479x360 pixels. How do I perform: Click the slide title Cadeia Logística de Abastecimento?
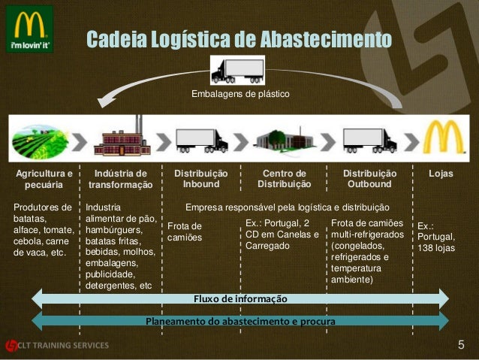[x=239, y=39]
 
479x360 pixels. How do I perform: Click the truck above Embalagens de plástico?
[x=237, y=70]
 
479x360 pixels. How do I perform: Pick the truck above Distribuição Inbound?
[x=200, y=140]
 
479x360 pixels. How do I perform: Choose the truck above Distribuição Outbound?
[x=369, y=140]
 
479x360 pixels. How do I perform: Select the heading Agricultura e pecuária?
[x=44, y=178]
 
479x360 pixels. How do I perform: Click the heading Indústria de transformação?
[x=120, y=178]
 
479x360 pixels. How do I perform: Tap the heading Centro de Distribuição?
[x=284, y=178]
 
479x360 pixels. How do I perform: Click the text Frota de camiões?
[x=185, y=231]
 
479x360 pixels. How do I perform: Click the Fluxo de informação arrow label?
[x=239, y=298]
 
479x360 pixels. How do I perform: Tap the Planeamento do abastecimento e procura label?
[x=239, y=321]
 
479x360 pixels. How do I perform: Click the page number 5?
[x=461, y=345]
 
